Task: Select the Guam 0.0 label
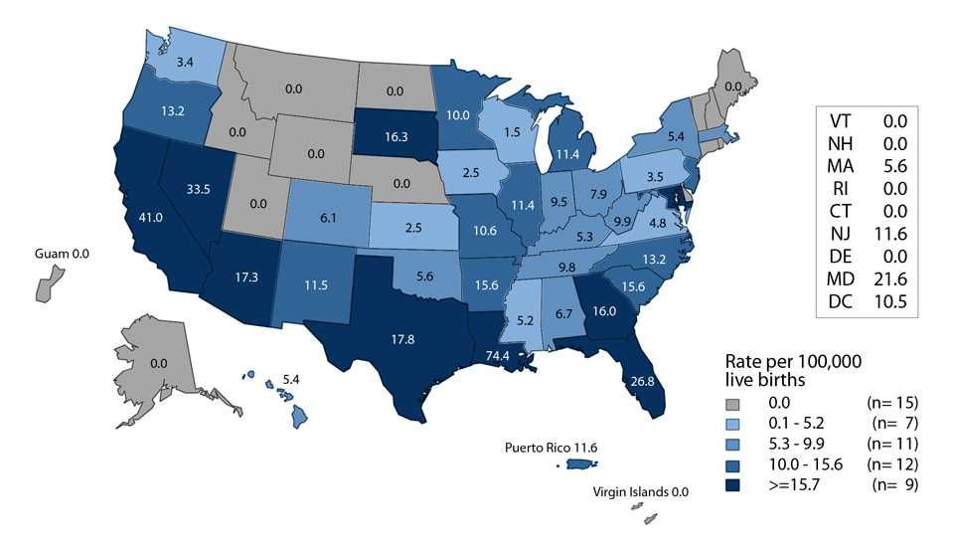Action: click(x=57, y=255)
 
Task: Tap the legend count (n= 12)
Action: click(x=893, y=465)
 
